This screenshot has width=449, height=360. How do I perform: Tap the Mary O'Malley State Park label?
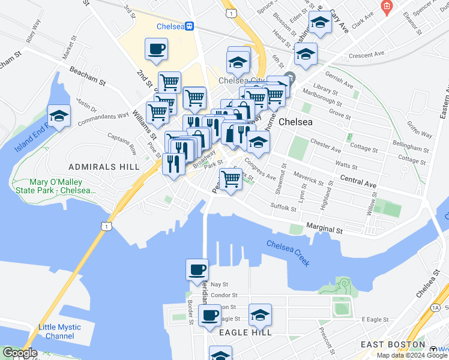pyautogui.click(x=62, y=186)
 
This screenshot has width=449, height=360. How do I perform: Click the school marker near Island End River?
pyautogui.click(x=59, y=115)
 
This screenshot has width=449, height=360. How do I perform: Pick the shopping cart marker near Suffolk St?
pyautogui.click(x=231, y=178)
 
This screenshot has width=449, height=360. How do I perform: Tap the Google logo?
pyautogui.click(x=20, y=353)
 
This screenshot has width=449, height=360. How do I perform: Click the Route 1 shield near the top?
pyautogui.click(x=229, y=12)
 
